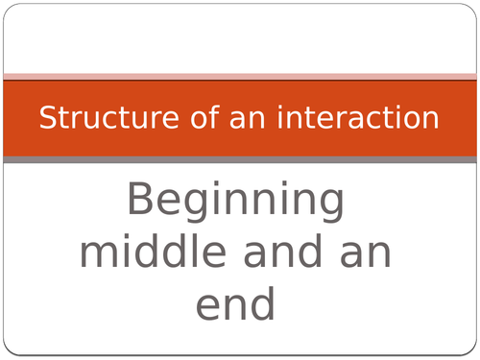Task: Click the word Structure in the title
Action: tap(91, 119)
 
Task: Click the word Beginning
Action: tap(235, 204)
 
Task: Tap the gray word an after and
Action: tap(365, 254)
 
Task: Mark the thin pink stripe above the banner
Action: tap(240, 77)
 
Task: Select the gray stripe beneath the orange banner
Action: tap(240, 159)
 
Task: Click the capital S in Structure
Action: tap(46, 119)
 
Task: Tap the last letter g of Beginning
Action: tap(330, 207)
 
